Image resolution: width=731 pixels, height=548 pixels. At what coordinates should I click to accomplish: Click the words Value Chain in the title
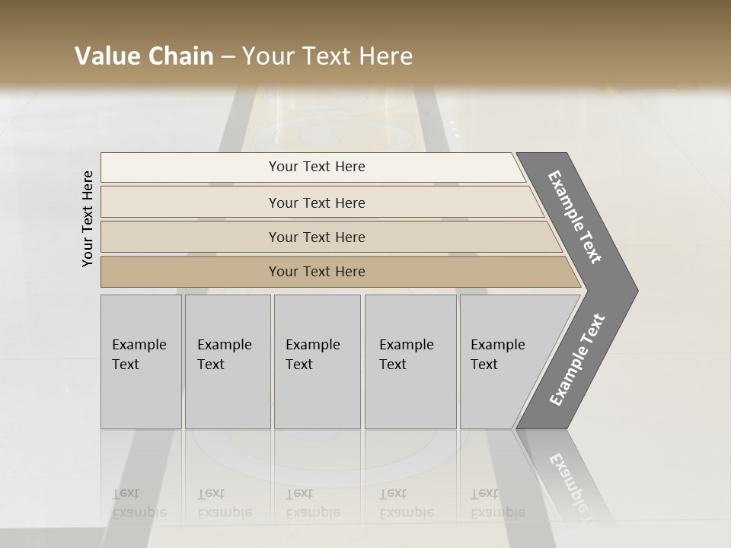click(x=144, y=56)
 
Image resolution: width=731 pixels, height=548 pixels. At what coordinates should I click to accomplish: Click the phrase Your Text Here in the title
click(x=327, y=56)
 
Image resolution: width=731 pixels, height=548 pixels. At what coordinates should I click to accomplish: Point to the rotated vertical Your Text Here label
click(x=88, y=219)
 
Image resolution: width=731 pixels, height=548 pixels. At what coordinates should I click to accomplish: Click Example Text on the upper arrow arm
click(x=575, y=217)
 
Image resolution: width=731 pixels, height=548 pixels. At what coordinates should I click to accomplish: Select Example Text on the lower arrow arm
click(x=577, y=360)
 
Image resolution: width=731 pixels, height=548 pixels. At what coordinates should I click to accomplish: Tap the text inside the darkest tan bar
click(x=317, y=272)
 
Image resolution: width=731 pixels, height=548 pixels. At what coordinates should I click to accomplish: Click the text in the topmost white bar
click(x=317, y=167)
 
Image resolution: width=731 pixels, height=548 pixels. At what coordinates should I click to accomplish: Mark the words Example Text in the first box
click(x=139, y=354)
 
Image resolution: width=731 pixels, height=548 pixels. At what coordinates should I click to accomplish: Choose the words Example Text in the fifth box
click(x=497, y=354)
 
